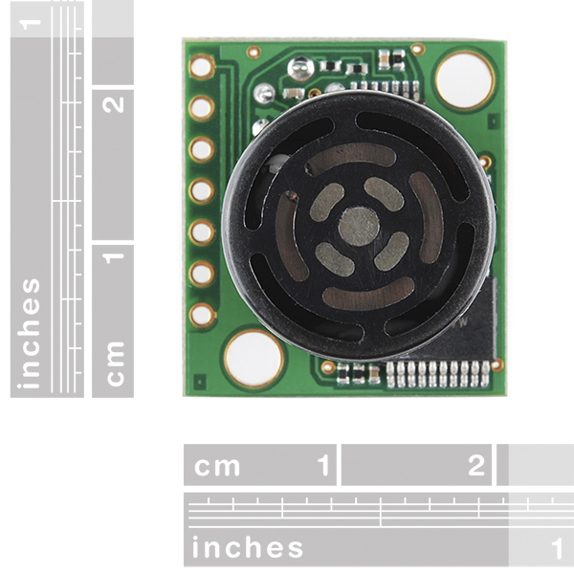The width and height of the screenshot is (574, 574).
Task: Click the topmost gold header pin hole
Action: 202,66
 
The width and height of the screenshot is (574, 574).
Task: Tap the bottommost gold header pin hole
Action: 202,315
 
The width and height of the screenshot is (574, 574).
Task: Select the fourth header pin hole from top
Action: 202,190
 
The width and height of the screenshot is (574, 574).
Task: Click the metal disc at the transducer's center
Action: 359,226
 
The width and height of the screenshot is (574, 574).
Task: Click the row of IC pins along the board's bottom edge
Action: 437,373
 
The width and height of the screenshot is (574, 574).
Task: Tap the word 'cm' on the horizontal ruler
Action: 217,466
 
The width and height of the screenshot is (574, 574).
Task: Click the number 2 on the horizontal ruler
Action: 476,466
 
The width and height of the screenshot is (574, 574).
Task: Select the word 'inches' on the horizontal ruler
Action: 248,548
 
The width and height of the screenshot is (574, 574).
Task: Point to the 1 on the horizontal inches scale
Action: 557,548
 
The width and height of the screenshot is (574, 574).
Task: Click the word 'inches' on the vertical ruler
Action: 32,333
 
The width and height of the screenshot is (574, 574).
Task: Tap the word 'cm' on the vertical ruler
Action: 115,363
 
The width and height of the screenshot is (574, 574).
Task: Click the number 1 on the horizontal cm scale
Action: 323,466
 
